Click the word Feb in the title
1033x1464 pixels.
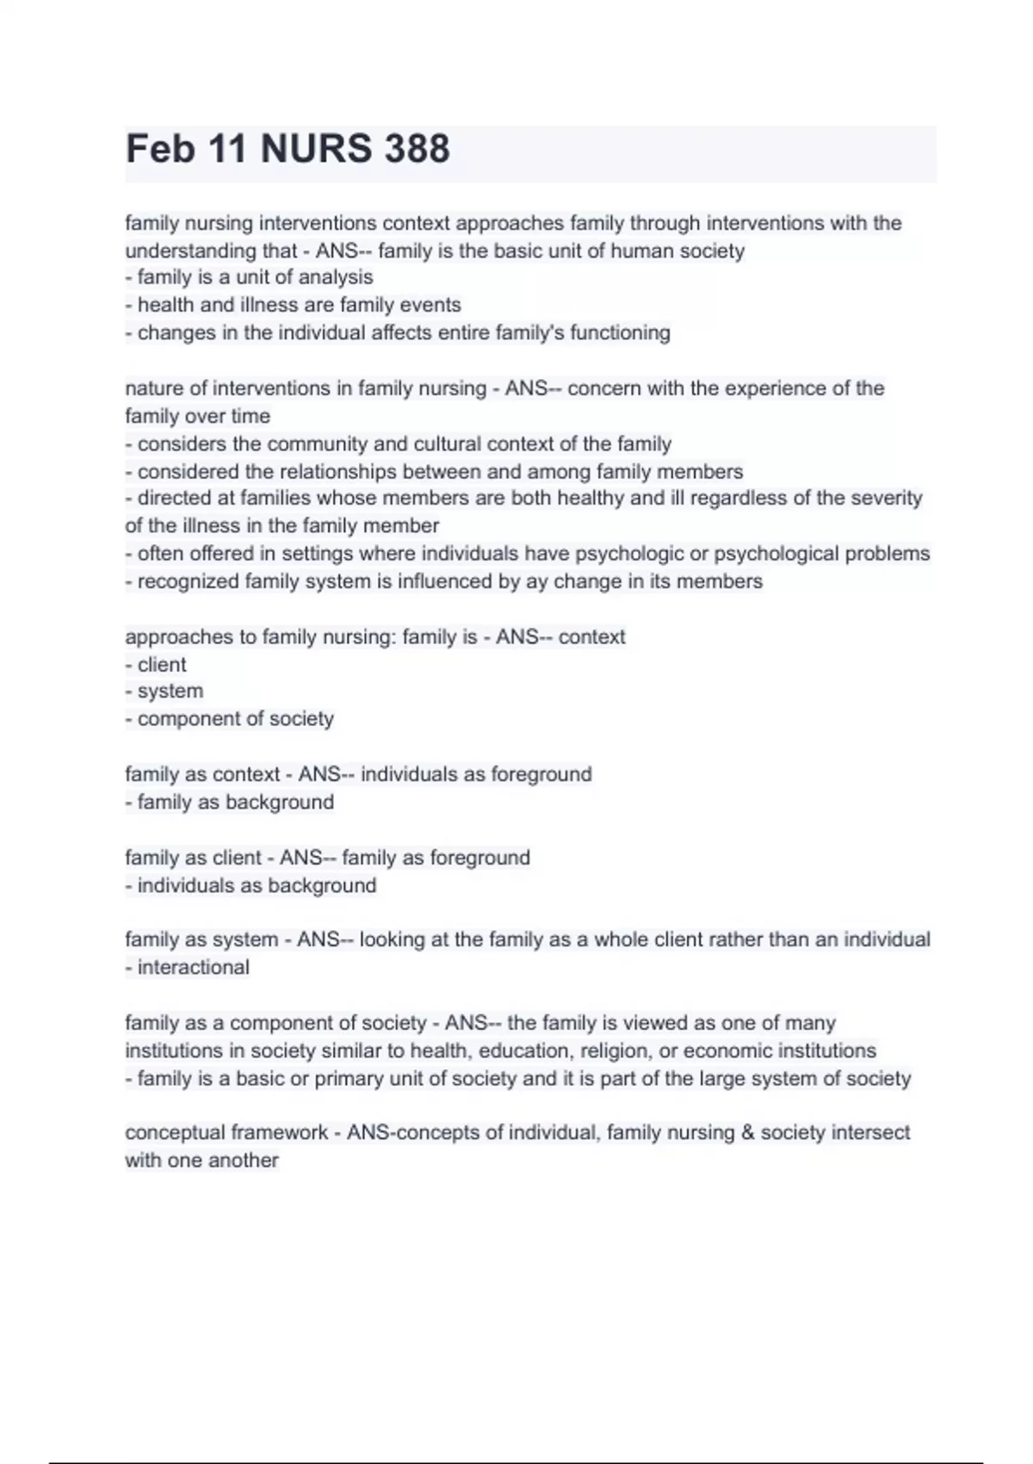point(160,149)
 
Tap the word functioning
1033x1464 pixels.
point(620,332)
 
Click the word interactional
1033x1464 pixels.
point(194,967)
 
